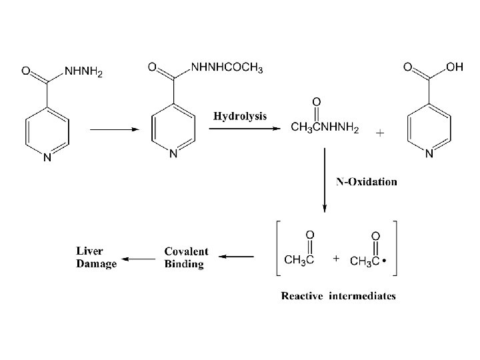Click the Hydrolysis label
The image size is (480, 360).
[240, 116]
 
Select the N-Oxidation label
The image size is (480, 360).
[366, 181]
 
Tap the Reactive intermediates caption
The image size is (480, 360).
[338, 295]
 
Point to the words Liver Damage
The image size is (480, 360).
[96, 257]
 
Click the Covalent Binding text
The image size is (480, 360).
[186, 257]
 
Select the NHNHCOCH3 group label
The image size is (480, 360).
[227, 68]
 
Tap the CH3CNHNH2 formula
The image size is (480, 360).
[325, 129]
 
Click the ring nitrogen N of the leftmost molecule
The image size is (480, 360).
[47, 158]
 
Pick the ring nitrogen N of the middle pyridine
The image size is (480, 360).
[173, 154]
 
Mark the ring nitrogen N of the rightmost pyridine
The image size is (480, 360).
[429, 154]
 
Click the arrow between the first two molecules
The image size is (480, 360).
[113, 129]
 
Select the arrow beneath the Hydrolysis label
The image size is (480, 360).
[245, 129]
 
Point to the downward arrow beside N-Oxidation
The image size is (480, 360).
[325, 177]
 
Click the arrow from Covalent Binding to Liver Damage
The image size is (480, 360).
[140, 257]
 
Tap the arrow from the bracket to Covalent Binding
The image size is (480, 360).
[237, 256]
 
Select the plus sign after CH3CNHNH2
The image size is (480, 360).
[380, 133]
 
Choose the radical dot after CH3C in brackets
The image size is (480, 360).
[385, 262]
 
